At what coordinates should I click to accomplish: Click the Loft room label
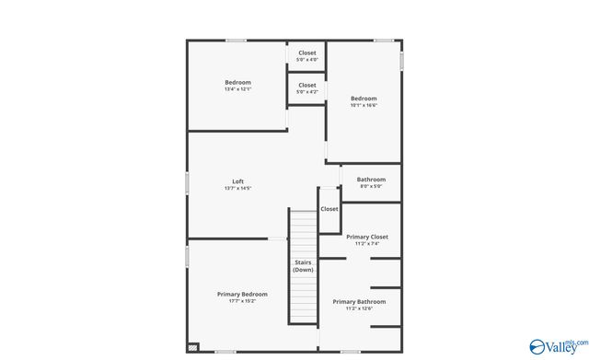coord(237,180)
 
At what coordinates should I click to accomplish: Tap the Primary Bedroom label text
coord(242,294)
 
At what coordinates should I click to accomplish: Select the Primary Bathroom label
coord(359,301)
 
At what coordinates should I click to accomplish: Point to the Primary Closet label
coord(367,237)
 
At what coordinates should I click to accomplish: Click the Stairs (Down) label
coord(303,266)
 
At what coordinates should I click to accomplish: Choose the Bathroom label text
coord(371,180)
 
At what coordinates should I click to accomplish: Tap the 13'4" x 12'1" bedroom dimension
coord(237,89)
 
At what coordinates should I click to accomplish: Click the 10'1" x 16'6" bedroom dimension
coord(364,106)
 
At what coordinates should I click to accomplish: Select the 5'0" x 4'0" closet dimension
coord(306,61)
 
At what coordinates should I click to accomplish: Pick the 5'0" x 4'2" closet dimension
coord(306,92)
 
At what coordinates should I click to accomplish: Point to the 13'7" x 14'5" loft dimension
coord(237,189)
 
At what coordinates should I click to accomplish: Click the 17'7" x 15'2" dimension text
coord(242,301)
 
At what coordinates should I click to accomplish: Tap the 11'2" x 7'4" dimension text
coord(367,244)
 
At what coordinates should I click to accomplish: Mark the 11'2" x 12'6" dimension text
coord(359,308)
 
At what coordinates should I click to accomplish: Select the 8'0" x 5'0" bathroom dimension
coord(371,187)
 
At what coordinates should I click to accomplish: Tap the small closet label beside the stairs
coord(329,209)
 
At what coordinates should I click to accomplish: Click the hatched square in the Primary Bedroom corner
coord(192,347)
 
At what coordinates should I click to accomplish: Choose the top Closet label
coord(306,53)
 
